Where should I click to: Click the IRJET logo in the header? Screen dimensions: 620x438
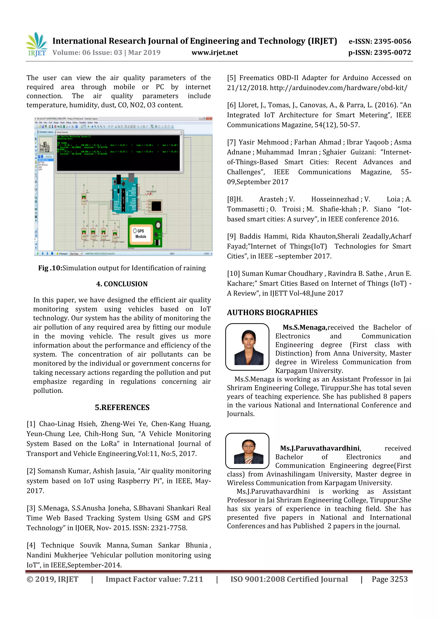(37, 45)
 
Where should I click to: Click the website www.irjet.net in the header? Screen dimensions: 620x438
(215, 53)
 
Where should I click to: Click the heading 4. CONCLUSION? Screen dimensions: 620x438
(122, 284)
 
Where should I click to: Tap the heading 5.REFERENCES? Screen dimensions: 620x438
(122, 407)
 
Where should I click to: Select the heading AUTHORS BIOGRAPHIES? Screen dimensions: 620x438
(272, 313)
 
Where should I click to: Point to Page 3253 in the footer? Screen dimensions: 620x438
(389, 579)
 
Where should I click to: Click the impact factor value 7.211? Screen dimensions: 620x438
(193, 579)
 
